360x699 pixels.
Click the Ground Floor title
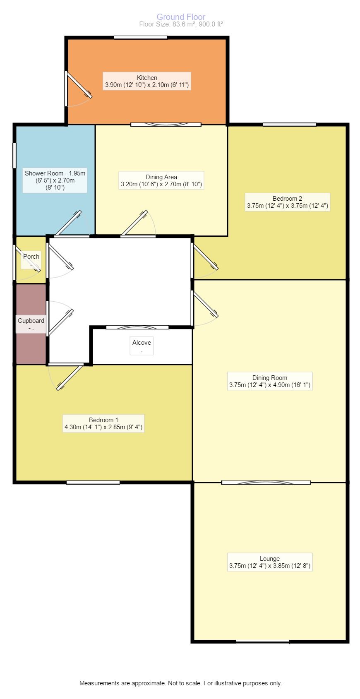point(181,17)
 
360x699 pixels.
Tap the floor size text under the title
point(181,24)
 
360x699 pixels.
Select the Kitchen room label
point(146,81)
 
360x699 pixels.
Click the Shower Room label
point(55,180)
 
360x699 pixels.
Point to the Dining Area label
point(161,180)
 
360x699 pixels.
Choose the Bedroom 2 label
point(287,202)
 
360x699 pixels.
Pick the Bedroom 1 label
point(103,423)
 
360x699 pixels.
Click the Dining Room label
point(270,381)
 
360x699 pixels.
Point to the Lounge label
point(270,562)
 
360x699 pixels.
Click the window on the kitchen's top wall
point(141,38)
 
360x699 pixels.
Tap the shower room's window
point(14,156)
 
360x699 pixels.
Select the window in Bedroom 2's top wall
point(290,125)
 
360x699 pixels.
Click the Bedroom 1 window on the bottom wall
point(93,483)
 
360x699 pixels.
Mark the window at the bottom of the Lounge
point(263,642)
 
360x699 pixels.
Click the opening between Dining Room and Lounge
point(266,483)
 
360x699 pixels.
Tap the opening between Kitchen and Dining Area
point(166,125)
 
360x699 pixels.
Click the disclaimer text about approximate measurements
point(181,683)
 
